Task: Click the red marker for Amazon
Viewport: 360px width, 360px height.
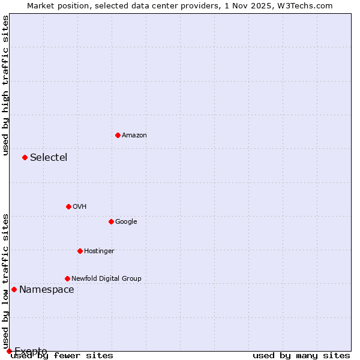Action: pos(118,135)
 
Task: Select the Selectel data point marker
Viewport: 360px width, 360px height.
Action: pos(25,157)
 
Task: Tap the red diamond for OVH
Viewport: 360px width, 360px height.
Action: pos(68,206)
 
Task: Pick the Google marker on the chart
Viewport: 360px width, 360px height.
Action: pos(111,221)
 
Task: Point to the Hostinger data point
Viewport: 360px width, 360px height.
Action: pos(80,251)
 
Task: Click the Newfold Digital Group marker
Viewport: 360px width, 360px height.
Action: pos(67,278)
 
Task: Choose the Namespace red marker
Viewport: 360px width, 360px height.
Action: pos(14,289)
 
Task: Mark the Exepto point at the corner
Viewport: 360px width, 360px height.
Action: pos(9,351)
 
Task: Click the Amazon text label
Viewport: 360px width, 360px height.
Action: pos(134,136)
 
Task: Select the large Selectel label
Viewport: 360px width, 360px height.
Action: pos(49,158)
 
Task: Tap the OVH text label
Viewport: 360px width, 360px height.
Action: pos(80,207)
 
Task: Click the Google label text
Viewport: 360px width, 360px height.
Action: pos(126,222)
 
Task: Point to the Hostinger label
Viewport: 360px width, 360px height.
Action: pos(99,251)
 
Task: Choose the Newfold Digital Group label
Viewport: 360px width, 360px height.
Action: pos(106,279)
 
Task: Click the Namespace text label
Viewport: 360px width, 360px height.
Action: pos(47,290)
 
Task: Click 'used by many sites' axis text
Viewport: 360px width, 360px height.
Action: pos(301,356)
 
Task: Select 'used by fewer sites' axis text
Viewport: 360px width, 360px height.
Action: pos(62,356)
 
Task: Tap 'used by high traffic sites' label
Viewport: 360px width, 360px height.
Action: pos(6,85)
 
